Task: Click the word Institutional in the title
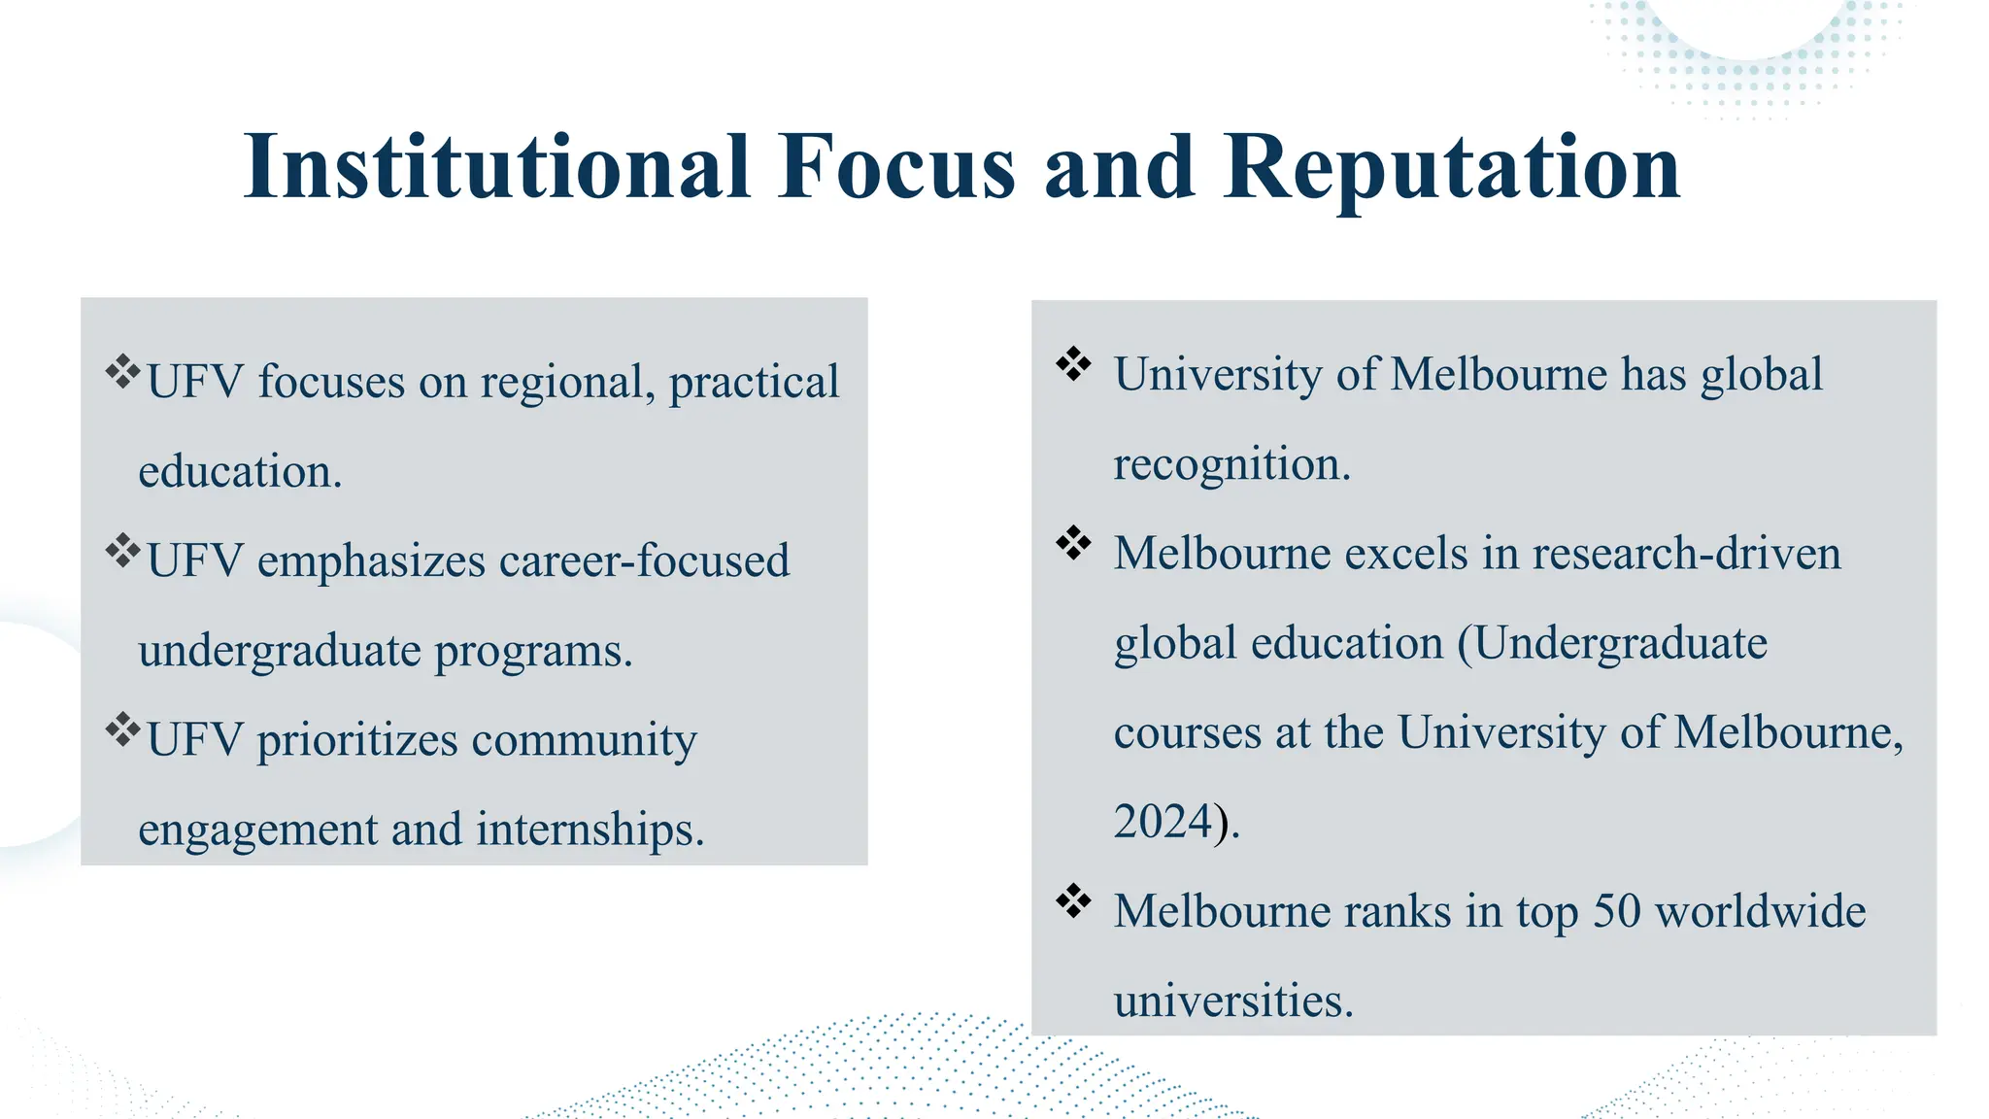point(497,167)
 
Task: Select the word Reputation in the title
point(1451,167)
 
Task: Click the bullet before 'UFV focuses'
point(123,371)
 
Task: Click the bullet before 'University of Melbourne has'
point(1073,364)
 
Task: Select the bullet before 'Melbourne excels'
point(1073,543)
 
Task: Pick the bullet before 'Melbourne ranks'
point(1073,900)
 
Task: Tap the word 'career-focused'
point(644,560)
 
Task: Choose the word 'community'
point(584,740)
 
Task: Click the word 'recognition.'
point(1231,464)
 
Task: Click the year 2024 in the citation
point(1163,822)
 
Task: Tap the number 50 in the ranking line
point(1616,911)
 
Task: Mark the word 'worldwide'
point(1760,911)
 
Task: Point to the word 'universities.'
point(1232,1000)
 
